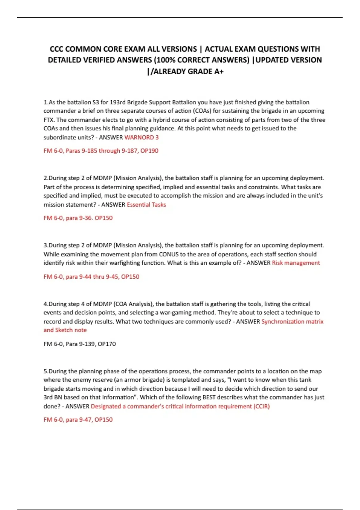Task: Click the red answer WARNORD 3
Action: pyautogui.click(x=141, y=137)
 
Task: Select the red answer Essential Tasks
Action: pyautogui.click(x=146, y=205)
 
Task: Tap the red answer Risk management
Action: pyautogui.click(x=296, y=263)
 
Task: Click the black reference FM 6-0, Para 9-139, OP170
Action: pyautogui.click(x=79, y=344)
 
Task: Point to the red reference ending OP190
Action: pyautogui.click(x=101, y=151)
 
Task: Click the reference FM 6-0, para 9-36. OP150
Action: pyautogui.click(x=78, y=218)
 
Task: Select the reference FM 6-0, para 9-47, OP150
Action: pyautogui.click(x=78, y=420)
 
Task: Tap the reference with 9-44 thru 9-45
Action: pyautogui.click(x=91, y=277)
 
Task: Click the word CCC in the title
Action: pyautogui.click(x=56, y=49)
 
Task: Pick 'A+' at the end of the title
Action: pyautogui.click(x=218, y=71)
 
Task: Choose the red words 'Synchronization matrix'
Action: pyautogui.click(x=292, y=322)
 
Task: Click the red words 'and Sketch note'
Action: pyautogui.click(x=65, y=330)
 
